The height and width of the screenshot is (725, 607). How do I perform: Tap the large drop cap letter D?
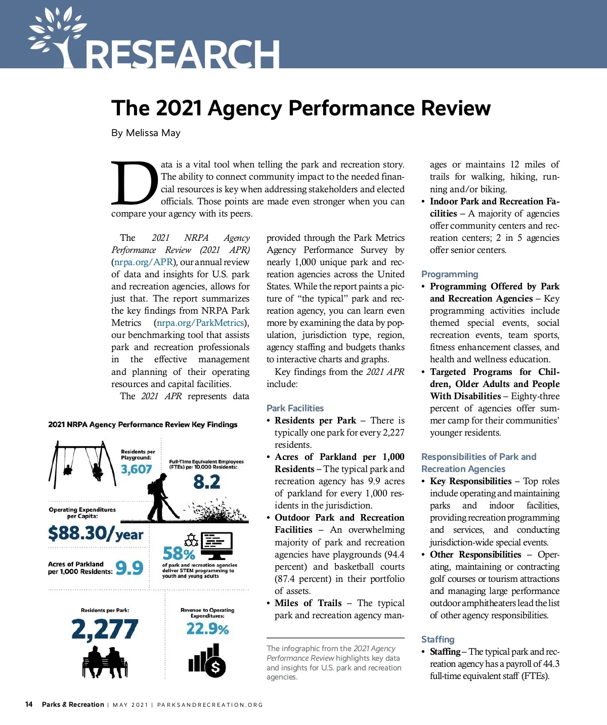tap(134, 183)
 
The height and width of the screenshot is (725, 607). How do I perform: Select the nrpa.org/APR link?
tap(144, 262)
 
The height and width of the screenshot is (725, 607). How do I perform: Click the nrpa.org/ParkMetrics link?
tap(200, 323)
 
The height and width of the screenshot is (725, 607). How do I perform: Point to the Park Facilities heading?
tap(295, 408)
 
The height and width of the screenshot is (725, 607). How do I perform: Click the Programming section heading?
tap(449, 274)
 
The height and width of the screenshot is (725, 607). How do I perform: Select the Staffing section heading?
tap(438, 639)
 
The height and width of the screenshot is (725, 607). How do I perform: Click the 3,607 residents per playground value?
tap(137, 470)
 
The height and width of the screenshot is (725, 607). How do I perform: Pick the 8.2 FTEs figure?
tap(206, 482)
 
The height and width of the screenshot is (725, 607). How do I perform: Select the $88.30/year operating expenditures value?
tap(96, 533)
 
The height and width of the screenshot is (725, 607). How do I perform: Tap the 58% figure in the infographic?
tap(179, 553)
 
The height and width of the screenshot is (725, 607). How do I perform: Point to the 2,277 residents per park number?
tap(105, 629)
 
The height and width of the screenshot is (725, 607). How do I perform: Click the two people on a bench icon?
tap(105, 662)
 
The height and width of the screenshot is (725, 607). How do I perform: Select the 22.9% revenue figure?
tap(207, 629)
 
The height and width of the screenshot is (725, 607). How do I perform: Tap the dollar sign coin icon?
tap(215, 668)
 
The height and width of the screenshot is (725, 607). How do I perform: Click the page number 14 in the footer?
tap(29, 704)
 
